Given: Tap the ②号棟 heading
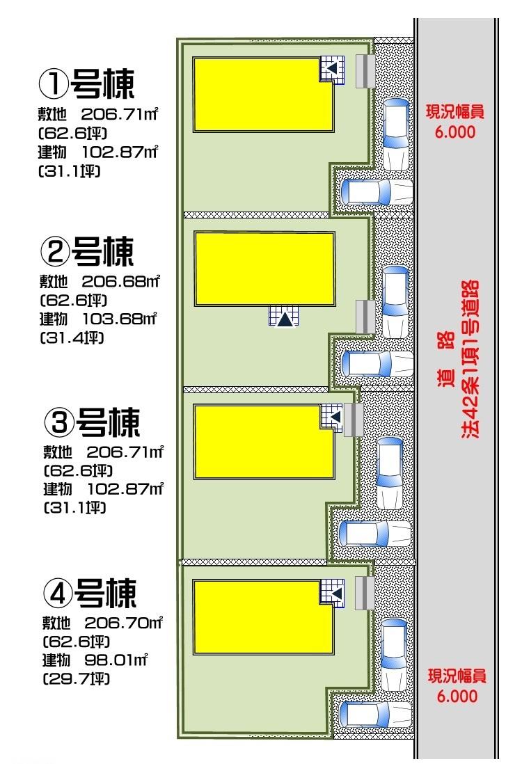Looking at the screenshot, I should (x=87, y=252).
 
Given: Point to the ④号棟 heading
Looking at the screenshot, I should (x=90, y=593).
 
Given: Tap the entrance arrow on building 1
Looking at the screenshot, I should (x=332, y=68).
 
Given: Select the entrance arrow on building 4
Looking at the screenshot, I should (x=335, y=594).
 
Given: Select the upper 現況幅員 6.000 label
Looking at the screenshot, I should (x=456, y=122).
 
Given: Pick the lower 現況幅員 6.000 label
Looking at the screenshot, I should (x=457, y=685).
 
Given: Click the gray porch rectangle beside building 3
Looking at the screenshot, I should (x=354, y=420).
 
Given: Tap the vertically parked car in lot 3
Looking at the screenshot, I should (x=389, y=472).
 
